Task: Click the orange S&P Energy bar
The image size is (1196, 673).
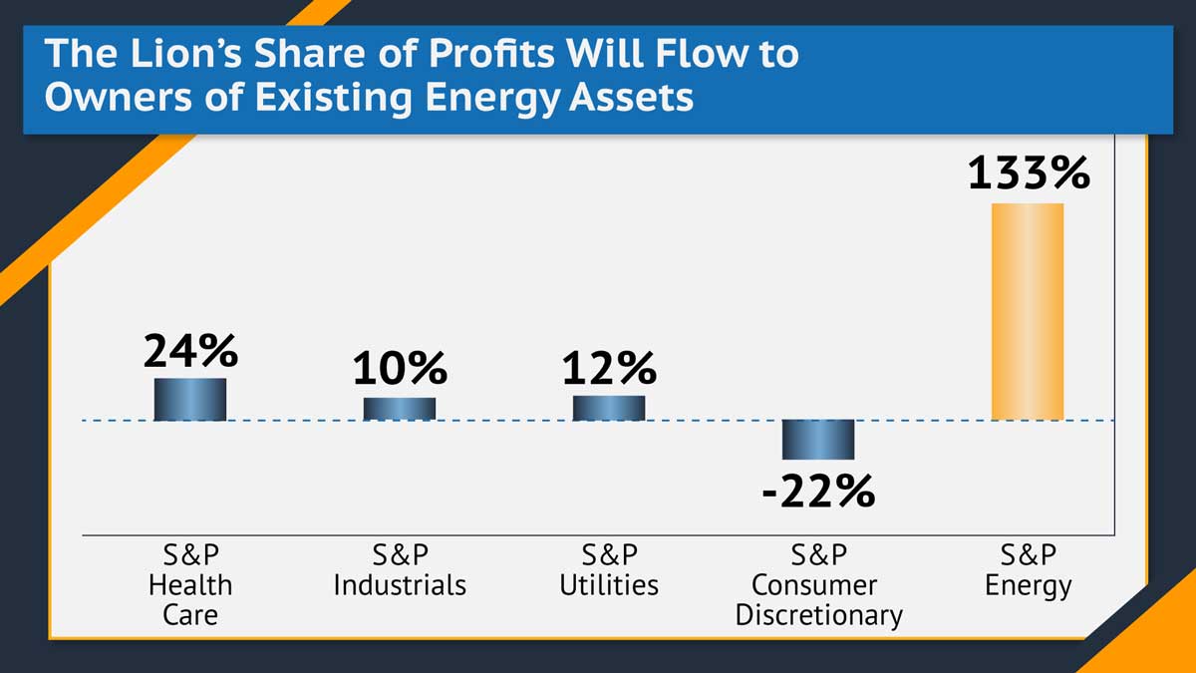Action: click(1027, 311)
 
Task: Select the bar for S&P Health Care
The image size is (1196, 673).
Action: click(189, 399)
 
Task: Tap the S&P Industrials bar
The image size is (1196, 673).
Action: click(399, 409)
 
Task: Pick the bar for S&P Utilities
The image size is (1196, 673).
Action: click(608, 408)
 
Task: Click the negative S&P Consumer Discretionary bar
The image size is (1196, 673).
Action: click(817, 439)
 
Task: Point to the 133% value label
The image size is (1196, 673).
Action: click(1029, 174)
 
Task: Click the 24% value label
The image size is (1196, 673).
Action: click(190, 351)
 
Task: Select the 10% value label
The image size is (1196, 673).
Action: click(399, 369)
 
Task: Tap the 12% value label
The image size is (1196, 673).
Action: click(608, 369)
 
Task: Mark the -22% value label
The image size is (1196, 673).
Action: click(817, 491)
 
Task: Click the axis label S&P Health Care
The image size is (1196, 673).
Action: click(189, 584)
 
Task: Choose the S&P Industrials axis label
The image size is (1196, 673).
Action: click(400, 569)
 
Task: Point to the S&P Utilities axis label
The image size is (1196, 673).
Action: click(609, 569)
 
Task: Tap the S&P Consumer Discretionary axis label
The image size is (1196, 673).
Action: click(818, 584)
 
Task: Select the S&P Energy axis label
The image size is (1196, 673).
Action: click(1028, 569)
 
